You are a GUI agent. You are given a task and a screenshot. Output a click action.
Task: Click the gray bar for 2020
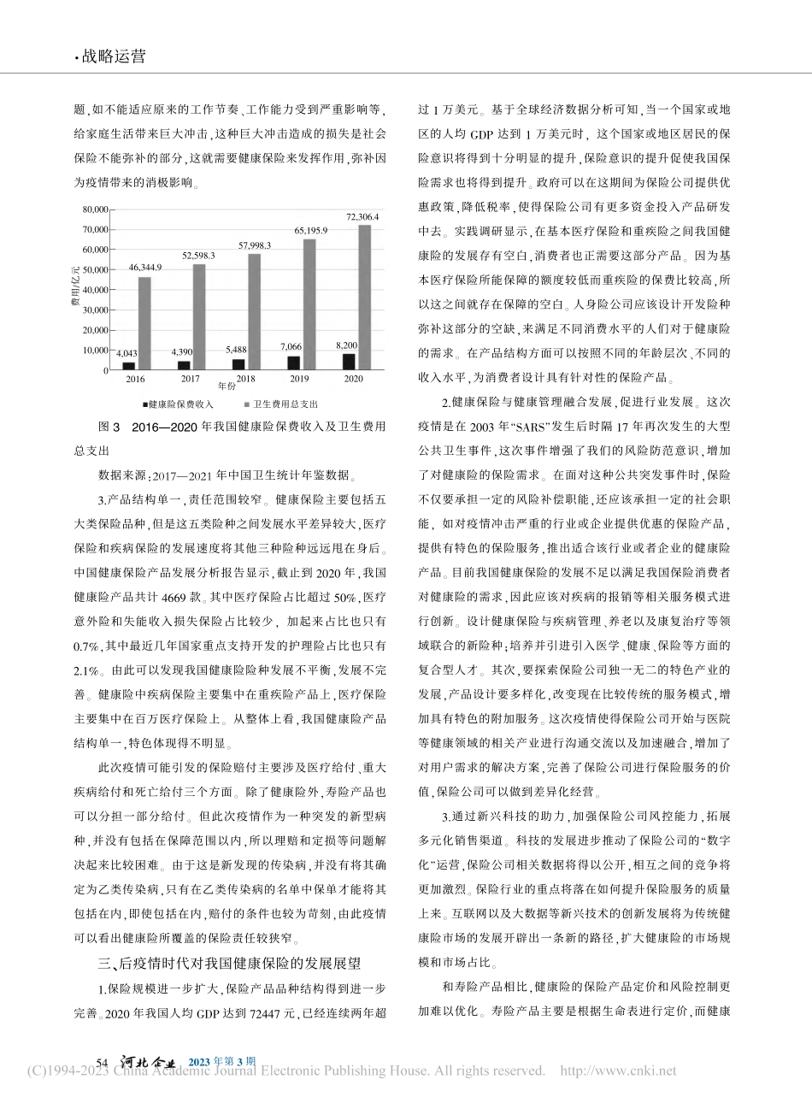(x=365, y=298)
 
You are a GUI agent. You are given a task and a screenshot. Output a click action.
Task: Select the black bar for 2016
(x=129, y=366)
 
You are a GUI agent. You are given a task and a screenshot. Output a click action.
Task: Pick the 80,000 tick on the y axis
(x=95, y=209)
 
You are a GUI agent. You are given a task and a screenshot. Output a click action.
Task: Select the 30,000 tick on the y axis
(x=95, y=310)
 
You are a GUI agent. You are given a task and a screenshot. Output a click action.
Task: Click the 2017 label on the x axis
(x=190, y=378)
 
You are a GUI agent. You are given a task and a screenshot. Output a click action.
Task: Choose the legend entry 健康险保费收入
(x=179, y=404)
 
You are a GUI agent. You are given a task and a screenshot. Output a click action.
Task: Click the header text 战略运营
(x=113, y=56)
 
